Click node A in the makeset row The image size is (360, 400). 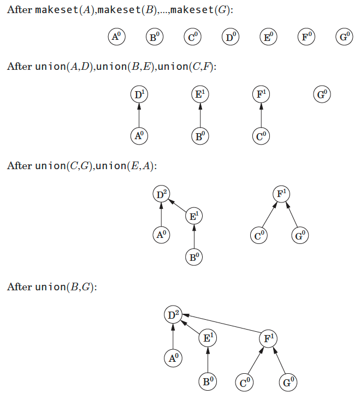point(117,37)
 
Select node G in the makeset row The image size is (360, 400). point(344,37)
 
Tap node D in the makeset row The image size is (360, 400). point(231,37)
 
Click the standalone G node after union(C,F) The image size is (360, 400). point(322,94)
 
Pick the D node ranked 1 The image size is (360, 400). point(139,94)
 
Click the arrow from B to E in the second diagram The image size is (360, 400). point(200,115)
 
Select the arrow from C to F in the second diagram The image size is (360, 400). point(261,115)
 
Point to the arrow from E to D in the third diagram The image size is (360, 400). point(178,206)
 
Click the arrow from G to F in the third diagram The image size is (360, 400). point(292,214)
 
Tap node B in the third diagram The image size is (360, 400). point(194,257)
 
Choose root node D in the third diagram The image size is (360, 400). point(161,194)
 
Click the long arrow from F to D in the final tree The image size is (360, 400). point(221,323)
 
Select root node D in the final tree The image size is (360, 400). point(173,314)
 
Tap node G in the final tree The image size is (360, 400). point(288,382)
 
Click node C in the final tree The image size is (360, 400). point(245,382)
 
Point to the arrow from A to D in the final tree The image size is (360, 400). point(173,337)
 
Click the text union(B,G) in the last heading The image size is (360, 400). point(65,287)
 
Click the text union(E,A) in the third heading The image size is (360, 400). point(125,166)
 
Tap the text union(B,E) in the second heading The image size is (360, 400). point(125,67)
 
